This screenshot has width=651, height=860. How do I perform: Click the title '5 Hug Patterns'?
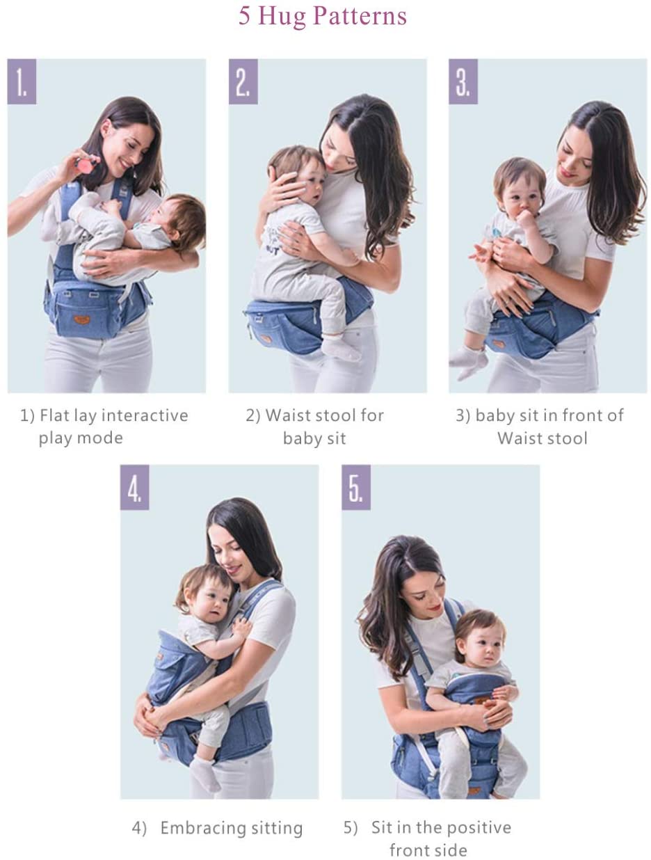tap(323, 16)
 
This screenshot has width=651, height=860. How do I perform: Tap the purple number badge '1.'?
tap(22, 81)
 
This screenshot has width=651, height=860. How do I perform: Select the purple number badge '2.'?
tap(243, 81)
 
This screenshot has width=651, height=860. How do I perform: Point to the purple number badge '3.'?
tap(463, 81)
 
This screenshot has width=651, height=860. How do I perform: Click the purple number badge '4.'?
tap(134, 487)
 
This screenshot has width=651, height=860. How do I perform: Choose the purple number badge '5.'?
tap(356, 487)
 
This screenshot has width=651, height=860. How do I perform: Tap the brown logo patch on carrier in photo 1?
tap(82, 319)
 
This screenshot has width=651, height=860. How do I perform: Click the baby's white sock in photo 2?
tap(340, 348)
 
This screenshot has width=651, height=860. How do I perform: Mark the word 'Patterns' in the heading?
tap(360, 16)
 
